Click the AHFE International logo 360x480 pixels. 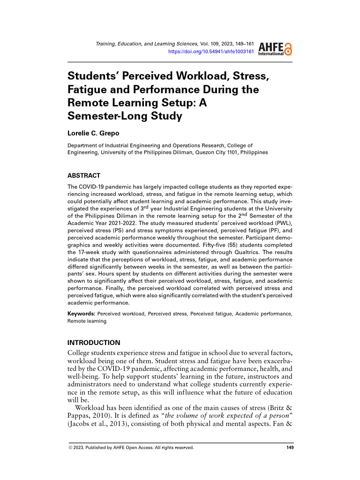275,47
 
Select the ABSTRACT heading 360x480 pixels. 84,176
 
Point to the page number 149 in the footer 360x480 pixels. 290,448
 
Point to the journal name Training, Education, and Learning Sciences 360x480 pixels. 147,44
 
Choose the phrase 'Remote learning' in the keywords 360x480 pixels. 87,322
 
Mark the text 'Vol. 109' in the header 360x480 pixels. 211,44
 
